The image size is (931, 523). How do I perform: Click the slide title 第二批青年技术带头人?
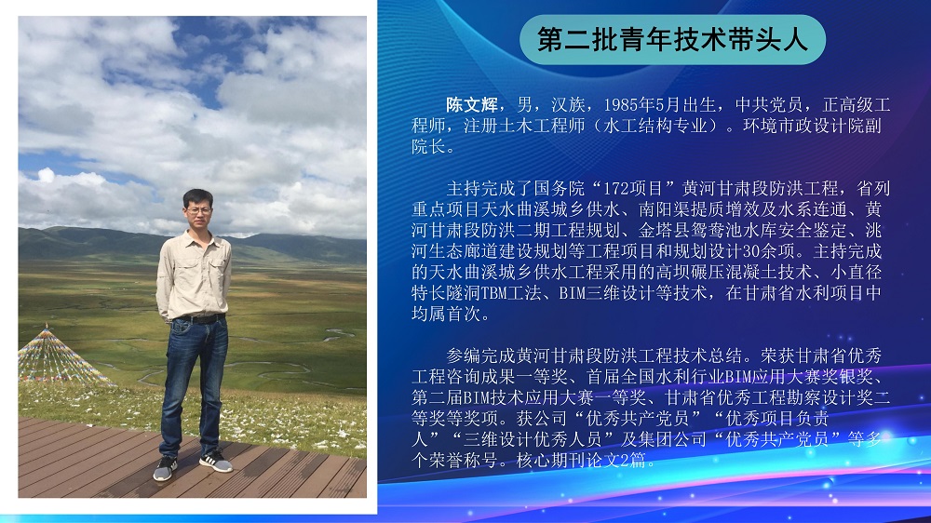(672, 39)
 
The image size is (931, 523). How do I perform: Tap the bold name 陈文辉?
(472, 105)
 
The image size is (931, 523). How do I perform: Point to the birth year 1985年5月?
(641, 105)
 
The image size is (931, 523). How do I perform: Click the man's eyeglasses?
(198, 210)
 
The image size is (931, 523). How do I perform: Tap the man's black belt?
(198, 319)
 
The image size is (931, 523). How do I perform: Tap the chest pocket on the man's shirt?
(218, 266)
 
